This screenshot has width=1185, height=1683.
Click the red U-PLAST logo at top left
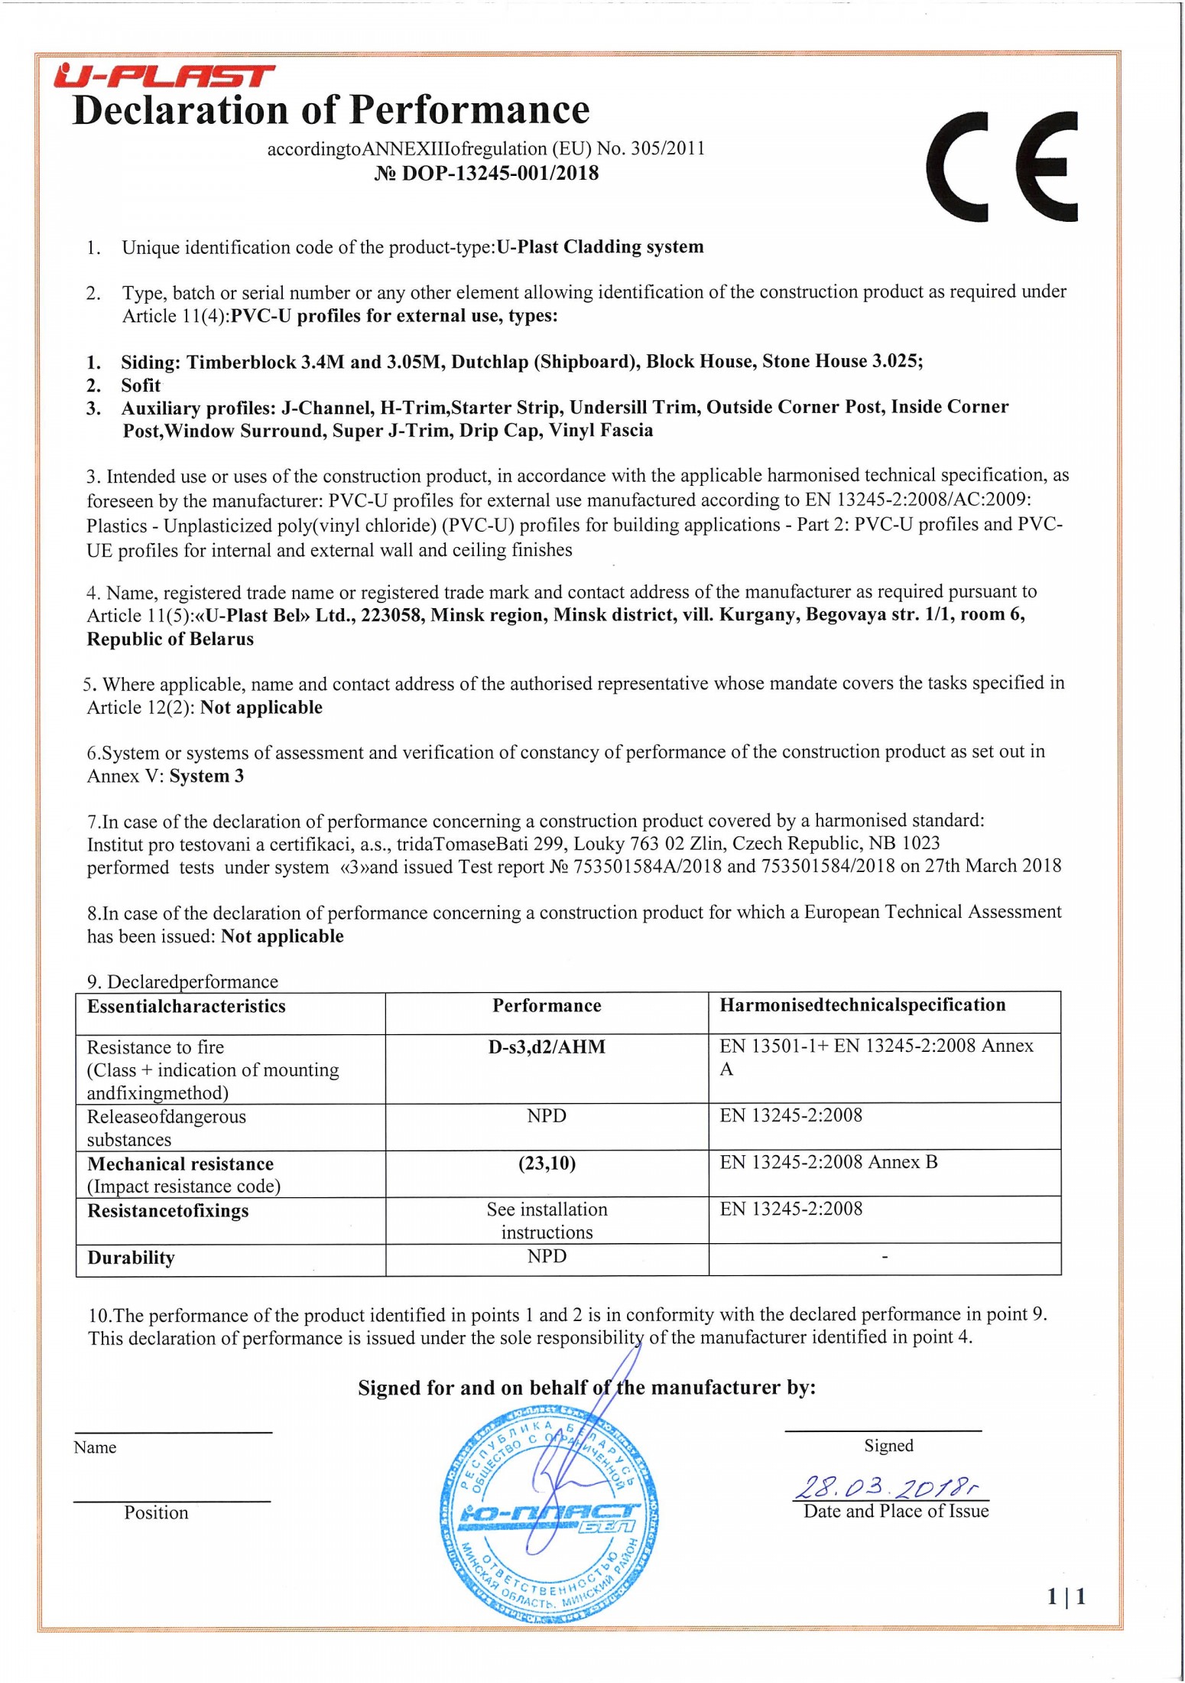click(164, 77)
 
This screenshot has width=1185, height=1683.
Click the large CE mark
click(1001, 167)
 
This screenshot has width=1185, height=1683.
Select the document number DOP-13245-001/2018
click(486, 174)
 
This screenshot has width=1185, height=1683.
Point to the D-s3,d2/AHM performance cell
click(547, 1047)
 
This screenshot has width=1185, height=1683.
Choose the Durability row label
click(131, 1258)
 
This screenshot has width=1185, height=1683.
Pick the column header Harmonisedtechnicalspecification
click(862, 1005)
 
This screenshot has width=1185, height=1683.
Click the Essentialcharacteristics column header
click(187, 1006)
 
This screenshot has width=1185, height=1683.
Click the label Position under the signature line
click(156, 1512)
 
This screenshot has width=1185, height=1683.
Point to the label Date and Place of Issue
click(896, 1511)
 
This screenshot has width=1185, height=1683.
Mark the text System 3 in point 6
click(206, 776)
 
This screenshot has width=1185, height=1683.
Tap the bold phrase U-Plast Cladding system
click(600, 247)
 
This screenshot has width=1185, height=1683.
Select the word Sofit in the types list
click(141, 385)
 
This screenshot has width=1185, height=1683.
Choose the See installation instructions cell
click(547, 1220)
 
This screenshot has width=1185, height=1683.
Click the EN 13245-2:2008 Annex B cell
click(828, 1162)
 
